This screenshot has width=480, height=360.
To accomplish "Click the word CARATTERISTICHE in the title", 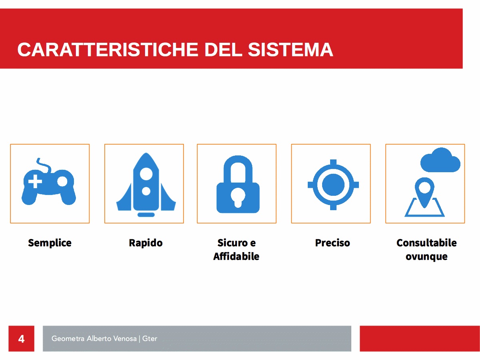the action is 108,50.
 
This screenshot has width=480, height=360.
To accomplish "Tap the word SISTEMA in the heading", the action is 291,50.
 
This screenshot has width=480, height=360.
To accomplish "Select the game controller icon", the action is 49,181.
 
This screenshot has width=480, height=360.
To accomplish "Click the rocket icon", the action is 146,185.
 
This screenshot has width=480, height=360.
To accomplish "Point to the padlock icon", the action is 238,184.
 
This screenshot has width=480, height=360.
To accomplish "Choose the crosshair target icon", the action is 333,185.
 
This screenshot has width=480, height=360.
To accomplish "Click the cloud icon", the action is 440,160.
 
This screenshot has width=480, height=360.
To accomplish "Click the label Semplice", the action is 50,243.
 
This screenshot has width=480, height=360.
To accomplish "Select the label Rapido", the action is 145,243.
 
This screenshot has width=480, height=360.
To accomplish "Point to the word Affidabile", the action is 236,256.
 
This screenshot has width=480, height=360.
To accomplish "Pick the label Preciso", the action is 333,243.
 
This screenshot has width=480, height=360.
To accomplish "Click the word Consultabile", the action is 426,243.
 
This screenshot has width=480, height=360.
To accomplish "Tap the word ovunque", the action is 426,257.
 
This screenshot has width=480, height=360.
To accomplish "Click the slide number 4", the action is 21,339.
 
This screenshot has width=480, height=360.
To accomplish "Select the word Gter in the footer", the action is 149,338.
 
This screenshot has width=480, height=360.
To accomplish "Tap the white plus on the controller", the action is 35,181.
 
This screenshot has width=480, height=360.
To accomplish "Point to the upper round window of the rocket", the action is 146,174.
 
